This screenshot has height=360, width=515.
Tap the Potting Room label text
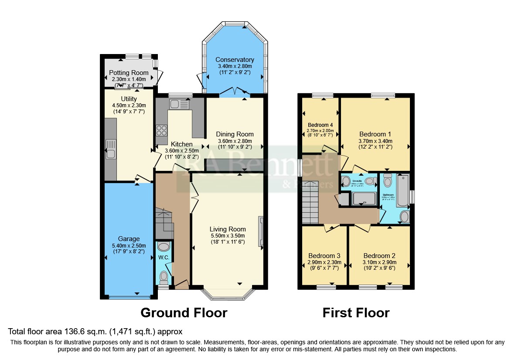click(x=129, y=73)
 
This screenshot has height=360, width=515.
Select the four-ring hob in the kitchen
click(x=161, y=130)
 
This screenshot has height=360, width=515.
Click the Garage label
click(x=129, y=239)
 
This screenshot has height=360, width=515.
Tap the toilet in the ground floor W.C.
click(x=164, y=276)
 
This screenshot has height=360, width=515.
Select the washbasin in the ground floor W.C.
click(x=164, y=247)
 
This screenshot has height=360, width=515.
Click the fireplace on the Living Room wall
click(x=261, y=231)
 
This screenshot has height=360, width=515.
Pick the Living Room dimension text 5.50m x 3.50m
click(x=228, y=236)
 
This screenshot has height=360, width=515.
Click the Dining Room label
click(x=235, y=134)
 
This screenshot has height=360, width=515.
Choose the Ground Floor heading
click(x=184, y=312)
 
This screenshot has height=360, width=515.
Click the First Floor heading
click(x=356, y=312)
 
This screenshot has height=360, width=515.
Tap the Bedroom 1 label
click(x=375, y=134)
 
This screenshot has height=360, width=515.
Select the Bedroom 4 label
click(x=320, y=125)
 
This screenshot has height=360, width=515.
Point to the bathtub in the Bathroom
click(x=402, y=190)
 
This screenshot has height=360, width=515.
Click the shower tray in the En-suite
click(x=363, y=199)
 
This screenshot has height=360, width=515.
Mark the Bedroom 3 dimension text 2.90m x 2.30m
click(x=324, y=263)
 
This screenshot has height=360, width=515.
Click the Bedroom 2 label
click(x=379, y=256)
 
